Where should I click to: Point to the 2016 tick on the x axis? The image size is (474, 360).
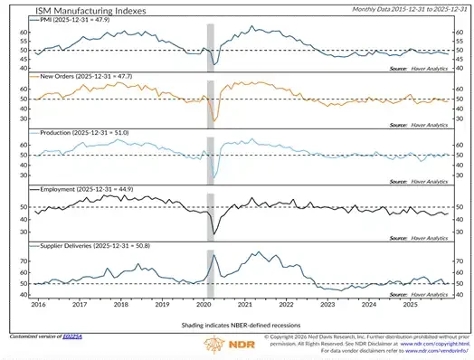[x=39, y=304]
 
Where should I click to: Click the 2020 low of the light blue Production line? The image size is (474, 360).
[x=213, y=177]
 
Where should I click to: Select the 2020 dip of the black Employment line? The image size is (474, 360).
[x=213, y=232]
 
